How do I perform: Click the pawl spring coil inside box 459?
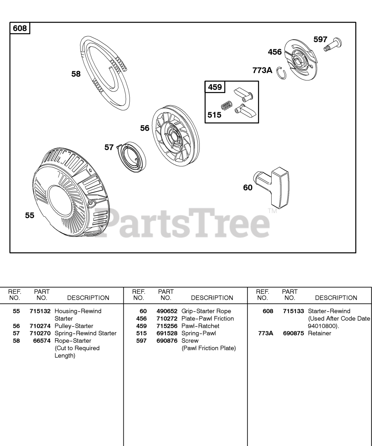click(x=227, y=105)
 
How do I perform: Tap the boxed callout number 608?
click(x=20, y=28)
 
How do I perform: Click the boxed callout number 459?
click(x=215, y=87)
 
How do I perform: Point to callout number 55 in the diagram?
click(x=30, y=215)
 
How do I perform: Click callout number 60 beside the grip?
click(x=248, y=188)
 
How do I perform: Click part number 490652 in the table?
click(x=167, y=311)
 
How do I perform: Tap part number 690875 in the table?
click(x=293, y=333)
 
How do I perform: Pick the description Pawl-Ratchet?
click(x=200, y=326)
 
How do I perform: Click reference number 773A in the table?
click(x=265, y=333)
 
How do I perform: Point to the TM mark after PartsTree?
click(x=272, y=210)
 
